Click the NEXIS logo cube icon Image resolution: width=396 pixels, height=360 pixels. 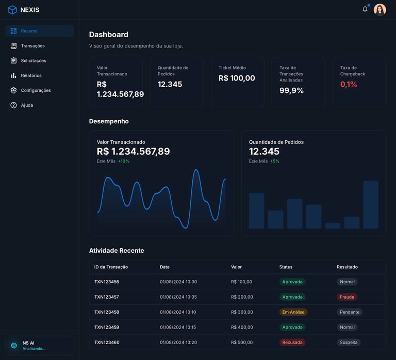[12, 10]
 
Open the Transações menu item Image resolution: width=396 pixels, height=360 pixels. [32, 46]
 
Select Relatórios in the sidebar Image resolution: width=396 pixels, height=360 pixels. [31, 75]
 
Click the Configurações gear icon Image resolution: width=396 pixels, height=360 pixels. [13, 90]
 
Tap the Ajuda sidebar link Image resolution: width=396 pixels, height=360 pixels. [27, 105]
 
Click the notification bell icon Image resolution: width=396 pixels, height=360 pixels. [365, 9]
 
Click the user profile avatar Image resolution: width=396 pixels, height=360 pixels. [380, 10]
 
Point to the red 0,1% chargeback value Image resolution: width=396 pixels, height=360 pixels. [349, 84]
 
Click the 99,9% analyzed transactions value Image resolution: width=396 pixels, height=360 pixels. [291, 90]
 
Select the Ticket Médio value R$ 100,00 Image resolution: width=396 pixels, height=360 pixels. [237, 78]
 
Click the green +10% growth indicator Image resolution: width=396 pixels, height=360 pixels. [124, 161]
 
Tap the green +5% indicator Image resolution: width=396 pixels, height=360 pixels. [275, 161]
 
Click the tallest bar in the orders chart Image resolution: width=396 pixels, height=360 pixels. [371, 204]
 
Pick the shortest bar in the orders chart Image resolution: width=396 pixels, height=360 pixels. [333, 225]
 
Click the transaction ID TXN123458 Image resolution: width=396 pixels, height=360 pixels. [107, 312]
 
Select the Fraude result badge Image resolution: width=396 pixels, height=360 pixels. [347, 297]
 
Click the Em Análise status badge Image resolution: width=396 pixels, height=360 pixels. [293, 312]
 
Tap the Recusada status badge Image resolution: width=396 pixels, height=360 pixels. [292, 342]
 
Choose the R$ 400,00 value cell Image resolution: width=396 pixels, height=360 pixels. [242, 327]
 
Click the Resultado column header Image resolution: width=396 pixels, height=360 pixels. [347, 267]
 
